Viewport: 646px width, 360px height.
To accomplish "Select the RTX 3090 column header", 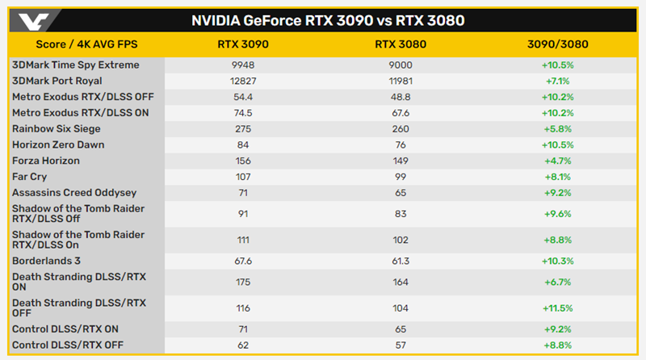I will pos(243,44).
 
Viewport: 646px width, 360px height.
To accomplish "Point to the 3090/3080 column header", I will pos(556,44).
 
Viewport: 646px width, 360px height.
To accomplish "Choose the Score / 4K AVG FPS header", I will pos(87,44).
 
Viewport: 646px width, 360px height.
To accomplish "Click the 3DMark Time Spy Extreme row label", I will pos(76,65).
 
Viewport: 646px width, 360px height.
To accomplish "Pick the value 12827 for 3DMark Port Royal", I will pos(243,81).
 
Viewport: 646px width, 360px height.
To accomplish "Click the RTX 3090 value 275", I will pos(243,128).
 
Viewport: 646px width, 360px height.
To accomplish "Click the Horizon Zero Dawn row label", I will pos(58,144).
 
